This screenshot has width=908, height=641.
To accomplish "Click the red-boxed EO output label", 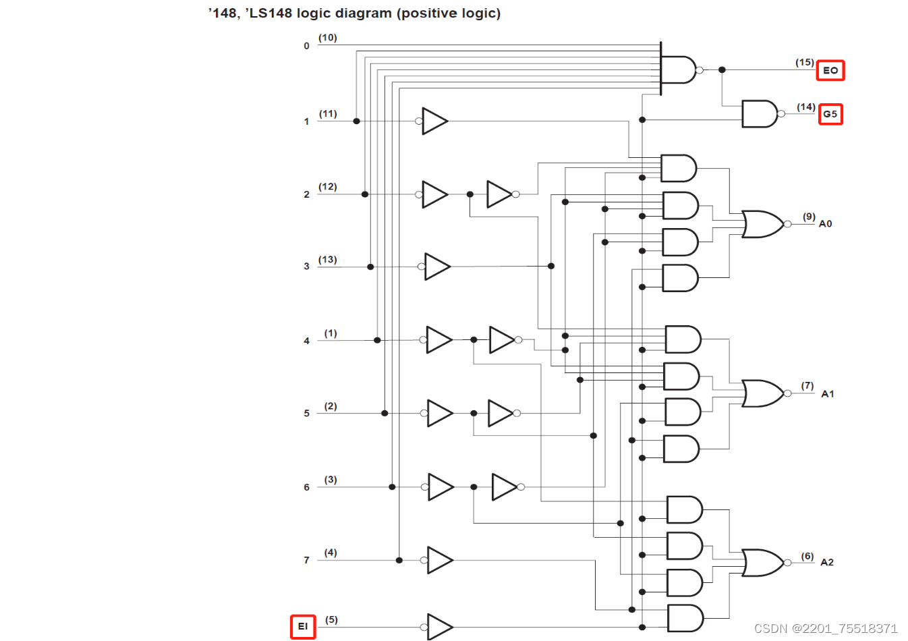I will point(830,70).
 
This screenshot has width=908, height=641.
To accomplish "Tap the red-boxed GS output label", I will point(830,114).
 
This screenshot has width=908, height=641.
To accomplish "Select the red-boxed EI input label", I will point(303,626).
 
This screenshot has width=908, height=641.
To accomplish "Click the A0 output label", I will point(825,224).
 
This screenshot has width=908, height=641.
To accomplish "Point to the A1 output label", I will point(827,394).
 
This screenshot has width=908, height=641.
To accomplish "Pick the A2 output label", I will point(826,562).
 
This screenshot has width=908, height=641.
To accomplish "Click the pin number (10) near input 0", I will point(328,38).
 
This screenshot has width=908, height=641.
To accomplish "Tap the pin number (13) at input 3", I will point(328,260).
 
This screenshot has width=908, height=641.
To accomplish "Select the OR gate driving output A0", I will point(762,224).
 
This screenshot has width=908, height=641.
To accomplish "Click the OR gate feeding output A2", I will point(762,563).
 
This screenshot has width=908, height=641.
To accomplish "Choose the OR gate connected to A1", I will point(762,393).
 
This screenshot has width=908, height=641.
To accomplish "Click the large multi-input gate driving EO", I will point(677,69).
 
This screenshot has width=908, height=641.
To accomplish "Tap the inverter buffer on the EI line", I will point(439,627).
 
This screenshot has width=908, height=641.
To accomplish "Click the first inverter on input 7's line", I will point(440,560).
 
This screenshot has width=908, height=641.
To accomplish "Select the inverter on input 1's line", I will point(434,121).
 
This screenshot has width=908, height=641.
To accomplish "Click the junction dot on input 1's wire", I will point(357,121).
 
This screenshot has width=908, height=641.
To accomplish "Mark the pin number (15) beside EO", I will point(804,62).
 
